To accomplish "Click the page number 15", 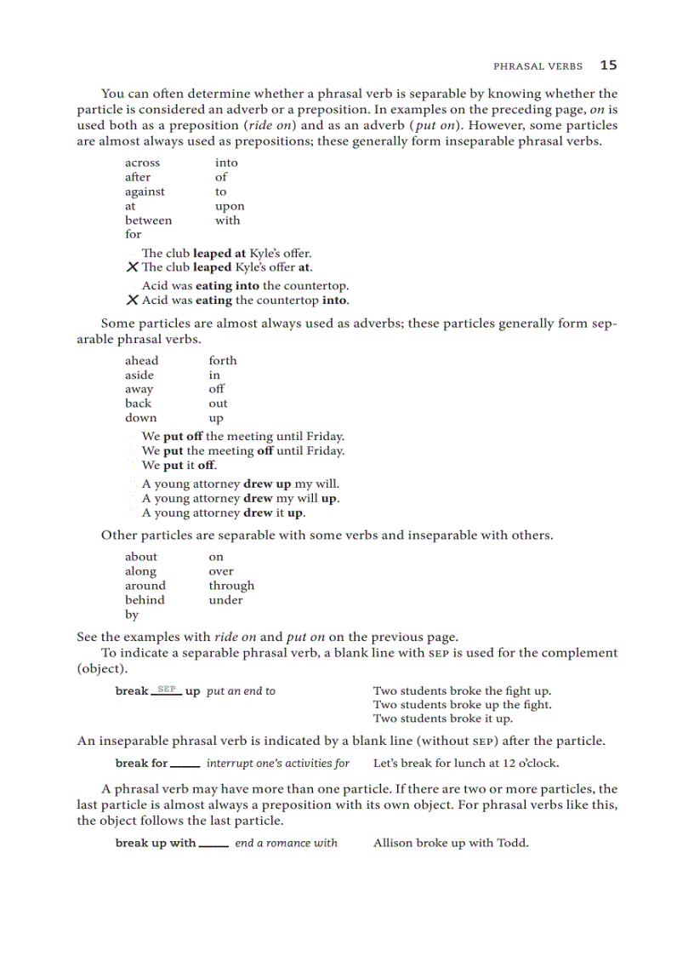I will (608, 65).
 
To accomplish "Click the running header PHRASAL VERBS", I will (538, 66).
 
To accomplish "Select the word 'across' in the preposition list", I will (142, 163).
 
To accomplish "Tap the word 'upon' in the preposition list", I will (230, 206).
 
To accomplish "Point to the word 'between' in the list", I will (148, 220).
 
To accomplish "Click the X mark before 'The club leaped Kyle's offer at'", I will (132, 267).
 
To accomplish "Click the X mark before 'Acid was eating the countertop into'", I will (132, 301).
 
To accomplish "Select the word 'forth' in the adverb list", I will (223, 361).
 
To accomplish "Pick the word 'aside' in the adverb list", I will (139, 375).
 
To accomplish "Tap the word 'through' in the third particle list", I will (231, 586).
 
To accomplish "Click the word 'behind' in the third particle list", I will (145, 600).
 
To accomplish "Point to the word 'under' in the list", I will (225, 600).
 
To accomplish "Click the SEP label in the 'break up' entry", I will (167, 689).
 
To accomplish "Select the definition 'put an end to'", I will (241, 691).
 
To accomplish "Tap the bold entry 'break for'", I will (141, 764).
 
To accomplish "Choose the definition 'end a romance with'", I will (286, 844).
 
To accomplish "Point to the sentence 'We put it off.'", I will (179, 466).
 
